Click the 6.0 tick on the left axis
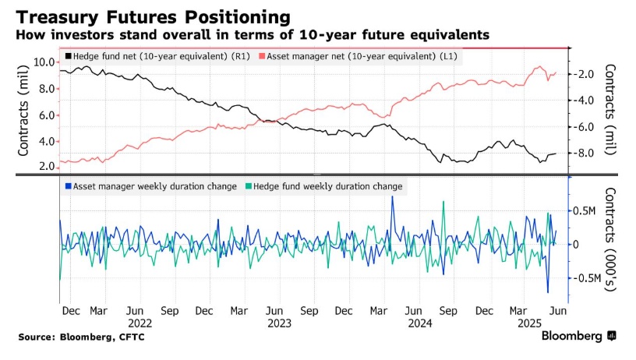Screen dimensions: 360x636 [x=46, y=115]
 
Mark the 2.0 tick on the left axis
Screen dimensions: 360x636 [x=46, y=166]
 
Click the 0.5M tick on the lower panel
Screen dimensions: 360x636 [x=586, y=211]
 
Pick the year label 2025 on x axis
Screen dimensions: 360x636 [x=531, y=322]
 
